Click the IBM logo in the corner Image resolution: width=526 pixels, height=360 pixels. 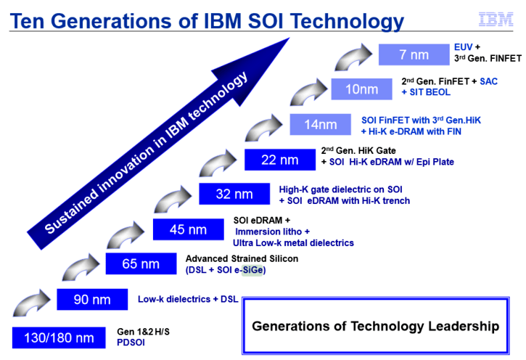click(x=496, y=20)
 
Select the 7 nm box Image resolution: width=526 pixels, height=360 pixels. click(x=414, y=54)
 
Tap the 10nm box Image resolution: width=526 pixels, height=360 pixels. click(x=361, y=89)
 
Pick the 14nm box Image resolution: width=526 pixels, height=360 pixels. click(x=321, y=124)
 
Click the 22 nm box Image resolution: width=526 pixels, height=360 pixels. click(x=280, y=160)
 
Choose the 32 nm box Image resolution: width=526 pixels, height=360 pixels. click(x=234, y=194)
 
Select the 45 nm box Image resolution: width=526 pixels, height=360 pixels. click(x=188, y=229)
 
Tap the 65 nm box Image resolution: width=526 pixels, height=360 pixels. click(x=141, y=263)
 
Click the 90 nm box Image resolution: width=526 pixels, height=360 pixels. click(x=92, y=299)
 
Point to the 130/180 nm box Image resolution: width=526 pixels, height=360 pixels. click(x=59, y=337)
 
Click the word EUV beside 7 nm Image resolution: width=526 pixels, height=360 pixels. click(x=463, y=47)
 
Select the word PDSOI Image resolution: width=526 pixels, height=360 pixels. click(x=131, y=343)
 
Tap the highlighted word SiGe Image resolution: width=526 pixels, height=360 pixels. click(x=252, y=270)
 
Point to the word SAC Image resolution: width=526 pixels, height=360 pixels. click(x=488, y=81)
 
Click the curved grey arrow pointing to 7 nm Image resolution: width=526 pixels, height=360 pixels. click(x=353, y=57)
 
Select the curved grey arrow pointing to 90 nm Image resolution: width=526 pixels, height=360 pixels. click(x=31, y=303)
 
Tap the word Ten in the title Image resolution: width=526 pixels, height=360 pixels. click(x=27, y=21)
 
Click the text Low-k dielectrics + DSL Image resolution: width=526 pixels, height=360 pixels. click(x=188, y=299)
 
